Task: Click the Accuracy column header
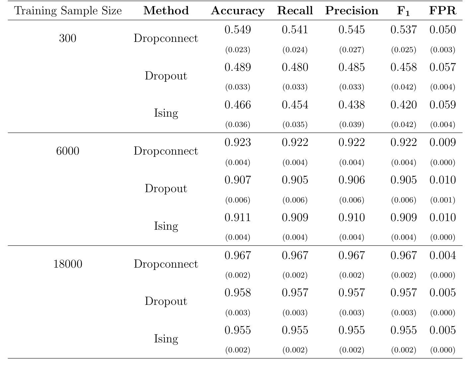pos(237,11)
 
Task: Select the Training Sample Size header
pos(68,11)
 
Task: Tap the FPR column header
pos(442,11)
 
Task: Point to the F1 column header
pos(403,11)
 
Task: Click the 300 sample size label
pos(67,39)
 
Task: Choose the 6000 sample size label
pos(67,151)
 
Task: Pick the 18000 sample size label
pos(67,264)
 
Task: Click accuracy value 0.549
pos(237,30)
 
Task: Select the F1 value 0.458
pos(403,67)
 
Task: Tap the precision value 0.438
pos(351,105)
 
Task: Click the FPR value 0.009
pos(442,143)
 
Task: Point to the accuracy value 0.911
pos(237,218)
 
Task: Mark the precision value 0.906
pos(351,180)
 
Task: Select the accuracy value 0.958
pos(237,293)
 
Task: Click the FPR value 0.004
pos(442,255)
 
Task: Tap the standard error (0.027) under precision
pos(351,50)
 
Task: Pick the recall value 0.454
pos(295,105)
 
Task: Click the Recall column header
pos(295,11)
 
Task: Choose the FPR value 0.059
pos(442,105)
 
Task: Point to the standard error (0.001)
pos(442,200)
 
